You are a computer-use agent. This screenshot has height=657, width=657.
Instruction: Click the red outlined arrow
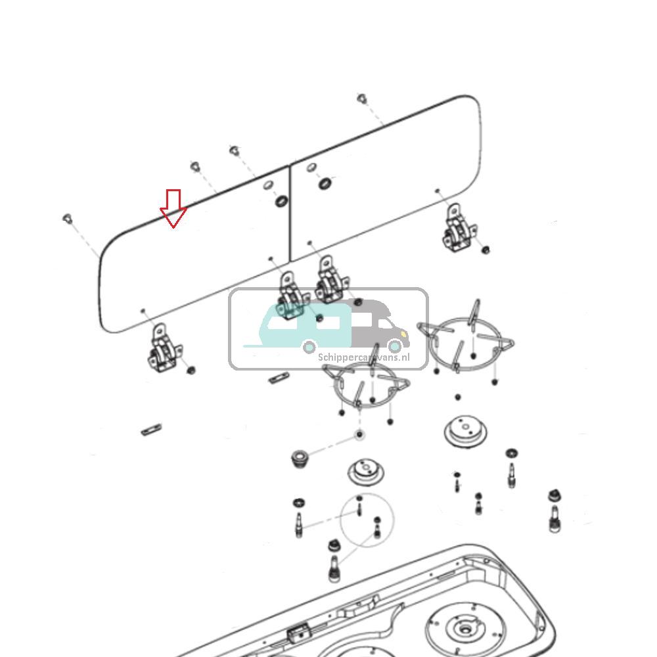pos(173,208)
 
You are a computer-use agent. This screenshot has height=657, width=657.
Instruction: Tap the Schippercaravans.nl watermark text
pos(363,357)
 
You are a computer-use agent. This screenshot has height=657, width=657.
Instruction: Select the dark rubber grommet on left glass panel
pos(281,200)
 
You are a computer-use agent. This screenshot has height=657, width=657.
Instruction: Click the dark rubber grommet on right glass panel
pos(325,183)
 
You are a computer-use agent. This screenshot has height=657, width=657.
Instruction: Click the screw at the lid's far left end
pos(67,218)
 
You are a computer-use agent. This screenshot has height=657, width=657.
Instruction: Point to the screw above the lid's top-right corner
pos(361,99)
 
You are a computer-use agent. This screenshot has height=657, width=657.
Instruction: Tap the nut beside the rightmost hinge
pos(486,250)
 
